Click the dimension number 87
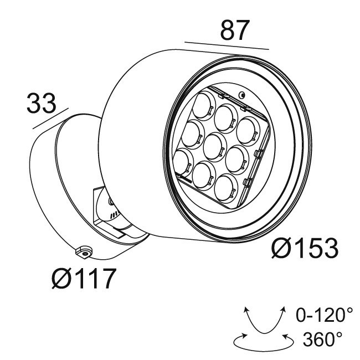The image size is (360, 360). point(235,30)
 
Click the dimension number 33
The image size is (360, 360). point(42,103)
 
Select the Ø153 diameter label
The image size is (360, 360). point(305,248)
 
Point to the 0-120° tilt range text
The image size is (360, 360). point(324,315)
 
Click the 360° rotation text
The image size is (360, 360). point(322,339)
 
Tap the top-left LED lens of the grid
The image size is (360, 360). point(203,106)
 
